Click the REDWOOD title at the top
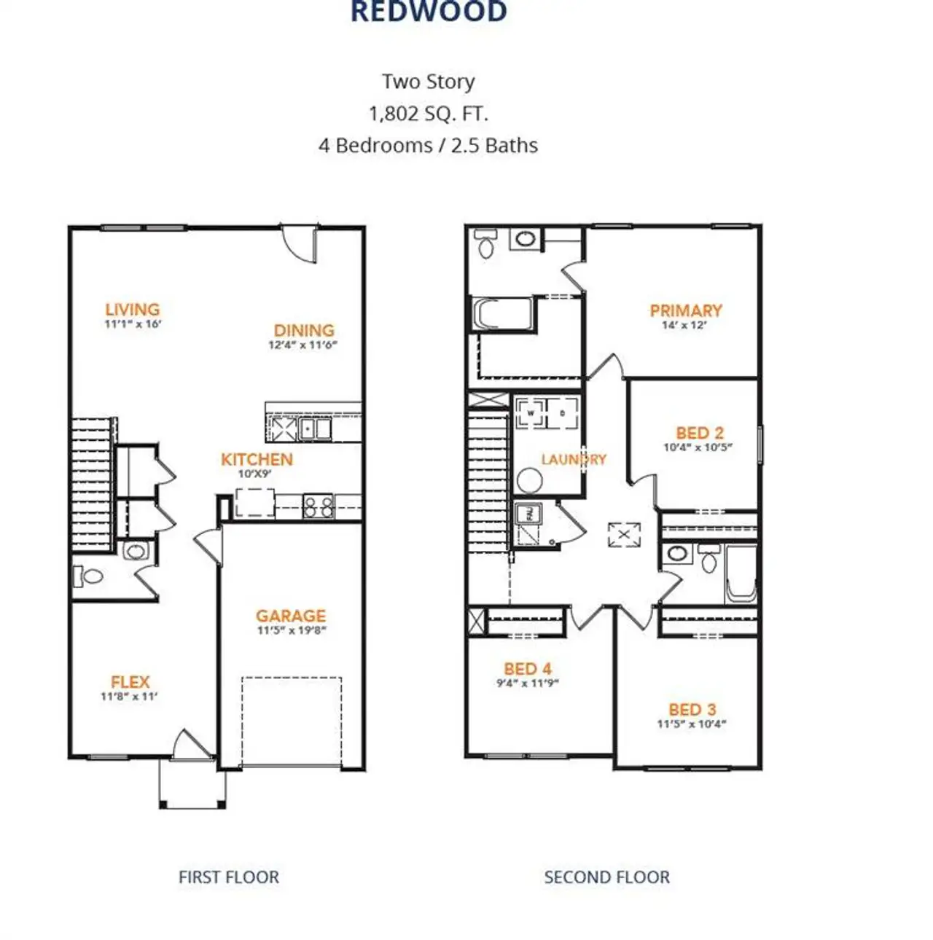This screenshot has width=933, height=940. [429, 12]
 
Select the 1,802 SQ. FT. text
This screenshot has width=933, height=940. [428, 114]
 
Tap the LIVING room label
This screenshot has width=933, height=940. [132, 310]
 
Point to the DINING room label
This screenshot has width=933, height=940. [304, 330]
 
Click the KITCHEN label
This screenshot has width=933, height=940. [257, 459]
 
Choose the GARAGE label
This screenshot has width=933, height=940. [291, 616]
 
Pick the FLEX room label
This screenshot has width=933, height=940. [130, 682]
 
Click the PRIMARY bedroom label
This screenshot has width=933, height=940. [685, 310]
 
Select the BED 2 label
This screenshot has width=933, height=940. [699, 433]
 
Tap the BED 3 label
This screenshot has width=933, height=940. [692, 709]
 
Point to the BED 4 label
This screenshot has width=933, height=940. [527, 668]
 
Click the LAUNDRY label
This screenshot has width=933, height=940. [573, 459]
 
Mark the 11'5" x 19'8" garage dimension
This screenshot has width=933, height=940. [291, 631]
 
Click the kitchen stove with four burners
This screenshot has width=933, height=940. [318, 506]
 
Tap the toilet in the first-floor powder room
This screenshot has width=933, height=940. [88, 576]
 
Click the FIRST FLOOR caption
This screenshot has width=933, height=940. [228, 877]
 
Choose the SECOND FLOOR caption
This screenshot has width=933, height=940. [606, 877]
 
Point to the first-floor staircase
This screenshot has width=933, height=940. [92, 485]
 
